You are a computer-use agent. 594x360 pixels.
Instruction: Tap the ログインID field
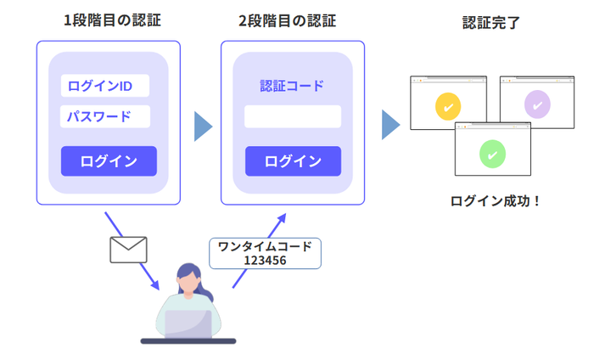(104, 86)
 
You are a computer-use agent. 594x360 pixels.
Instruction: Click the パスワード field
(104, 116)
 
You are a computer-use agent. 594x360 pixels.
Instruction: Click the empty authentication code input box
(293, 116)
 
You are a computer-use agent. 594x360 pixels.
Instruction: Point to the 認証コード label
(292, 86)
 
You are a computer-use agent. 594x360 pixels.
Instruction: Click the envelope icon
(128, 249)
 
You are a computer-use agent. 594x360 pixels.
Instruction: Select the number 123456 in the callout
(265, 261)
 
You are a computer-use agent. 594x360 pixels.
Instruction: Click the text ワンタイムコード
(265, 246)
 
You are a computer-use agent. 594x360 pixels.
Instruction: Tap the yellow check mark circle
(448, 107)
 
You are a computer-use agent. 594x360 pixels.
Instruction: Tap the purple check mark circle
(536, 104)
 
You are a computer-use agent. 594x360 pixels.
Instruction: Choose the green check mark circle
(492, 154)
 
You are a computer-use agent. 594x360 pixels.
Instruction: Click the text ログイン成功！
(495, 201)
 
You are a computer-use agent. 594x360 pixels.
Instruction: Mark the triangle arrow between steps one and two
(203, 126)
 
